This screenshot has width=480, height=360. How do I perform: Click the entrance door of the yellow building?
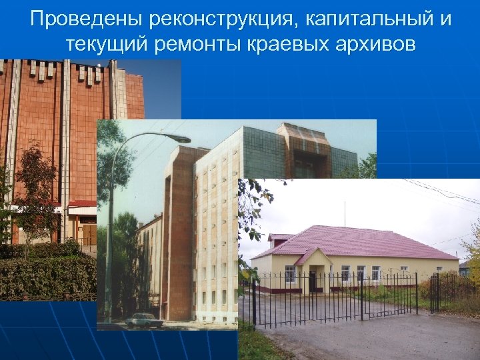click(x=313, y=280)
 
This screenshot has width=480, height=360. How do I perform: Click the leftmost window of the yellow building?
click(x=290, y=274)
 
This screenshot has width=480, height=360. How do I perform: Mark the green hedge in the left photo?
click(x=47, y=273)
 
